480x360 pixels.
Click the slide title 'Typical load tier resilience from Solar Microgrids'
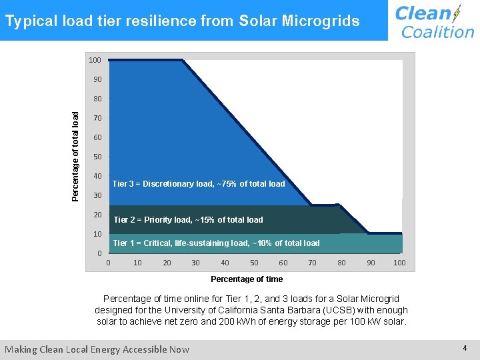tap(182, 21)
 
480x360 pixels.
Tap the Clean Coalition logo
tap(434, 21)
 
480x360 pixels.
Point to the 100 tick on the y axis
tap(95, 60)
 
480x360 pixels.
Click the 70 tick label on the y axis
tap(97, 118)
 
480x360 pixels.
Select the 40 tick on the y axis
tap(97, 176)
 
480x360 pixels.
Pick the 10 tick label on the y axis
tap(97, 234)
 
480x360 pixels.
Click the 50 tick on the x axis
tap(254, 263)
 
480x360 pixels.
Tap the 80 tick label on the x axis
tap(341, 263)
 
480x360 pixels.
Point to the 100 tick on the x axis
tap(399, 263)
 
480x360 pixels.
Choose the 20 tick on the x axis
tap(167, 263)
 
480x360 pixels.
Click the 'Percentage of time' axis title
tap(247, 279)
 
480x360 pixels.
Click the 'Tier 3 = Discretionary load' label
tap(199, 183)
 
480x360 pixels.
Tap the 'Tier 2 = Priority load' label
tap(188, 219)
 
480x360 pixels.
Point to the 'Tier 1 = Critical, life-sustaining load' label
tap(216, 243)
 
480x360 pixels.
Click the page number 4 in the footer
tap(465, 349)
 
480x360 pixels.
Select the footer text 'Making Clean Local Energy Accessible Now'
tap(97, 349)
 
